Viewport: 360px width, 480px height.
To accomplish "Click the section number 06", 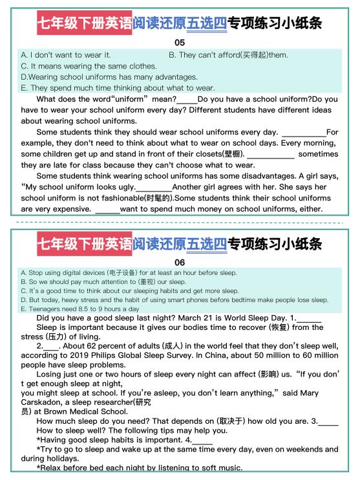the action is pyautogui.click(x=180, y=263).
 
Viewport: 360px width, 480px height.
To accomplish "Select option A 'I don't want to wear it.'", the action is pyautogui.click(x=66, y=55).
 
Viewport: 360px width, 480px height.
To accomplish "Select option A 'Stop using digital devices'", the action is pyautogui.click(x=129, y=273).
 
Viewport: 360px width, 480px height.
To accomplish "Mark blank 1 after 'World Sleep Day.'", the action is pyautogui.click(x=309, y=318).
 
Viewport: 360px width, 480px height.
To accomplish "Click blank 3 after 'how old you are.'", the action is pyautogui.click(x=328, y=421).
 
